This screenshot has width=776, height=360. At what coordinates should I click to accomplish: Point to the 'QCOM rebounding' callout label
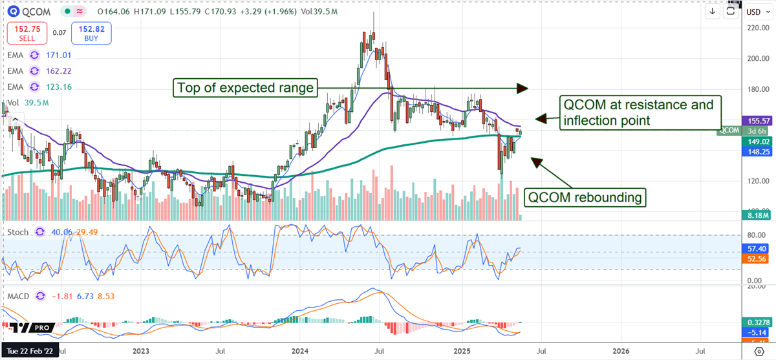(586, 197)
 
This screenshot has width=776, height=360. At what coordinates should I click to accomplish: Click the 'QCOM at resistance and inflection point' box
(638, 112)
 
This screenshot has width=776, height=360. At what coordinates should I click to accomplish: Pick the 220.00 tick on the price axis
(757, 28)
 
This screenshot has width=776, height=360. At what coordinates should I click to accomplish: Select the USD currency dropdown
(754, 12)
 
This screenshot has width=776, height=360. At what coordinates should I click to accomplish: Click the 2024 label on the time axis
(300, 352)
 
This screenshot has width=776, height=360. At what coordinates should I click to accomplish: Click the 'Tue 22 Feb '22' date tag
(30, 352)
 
